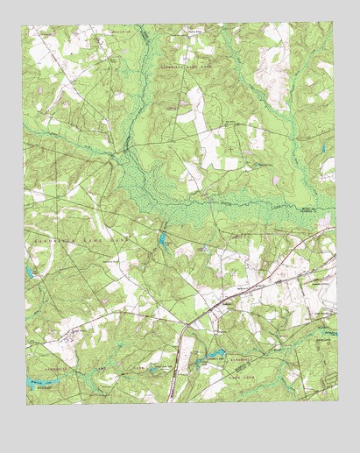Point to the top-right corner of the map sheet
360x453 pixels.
[334, 24]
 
